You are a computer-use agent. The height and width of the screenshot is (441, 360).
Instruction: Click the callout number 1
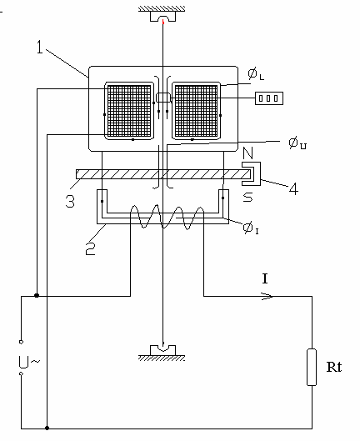click(x=40, y=47)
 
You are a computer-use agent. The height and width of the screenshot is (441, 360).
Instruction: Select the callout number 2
click(x=90, y=248)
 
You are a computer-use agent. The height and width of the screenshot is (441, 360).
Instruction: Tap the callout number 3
click(x=70, y=201)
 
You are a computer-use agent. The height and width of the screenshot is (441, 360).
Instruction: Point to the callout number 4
click(x=293, y=188)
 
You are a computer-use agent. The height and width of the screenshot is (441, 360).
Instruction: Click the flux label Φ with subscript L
click(x=256, y=74)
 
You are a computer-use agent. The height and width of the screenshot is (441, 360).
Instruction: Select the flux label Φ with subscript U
click(x=297, y=143)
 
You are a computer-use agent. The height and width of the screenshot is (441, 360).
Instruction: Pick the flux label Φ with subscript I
click(x=251, y=228)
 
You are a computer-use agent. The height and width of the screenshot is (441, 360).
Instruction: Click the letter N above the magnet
click(x=247, y=153)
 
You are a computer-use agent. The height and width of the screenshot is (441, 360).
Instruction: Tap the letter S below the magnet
click(x=247, y=197)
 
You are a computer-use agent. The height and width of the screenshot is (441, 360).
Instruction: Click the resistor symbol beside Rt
click(x=312, y=367)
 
